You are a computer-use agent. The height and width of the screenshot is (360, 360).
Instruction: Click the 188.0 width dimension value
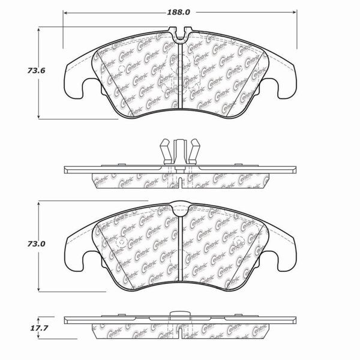[178, 12]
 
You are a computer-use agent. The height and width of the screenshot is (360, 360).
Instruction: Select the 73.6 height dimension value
[36, 70]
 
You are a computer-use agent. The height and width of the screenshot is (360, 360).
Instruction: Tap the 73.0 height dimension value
[36, 244]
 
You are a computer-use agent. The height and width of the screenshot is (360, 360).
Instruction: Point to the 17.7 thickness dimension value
[39, 328]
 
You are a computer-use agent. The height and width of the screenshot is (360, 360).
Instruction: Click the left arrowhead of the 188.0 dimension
[65, 13]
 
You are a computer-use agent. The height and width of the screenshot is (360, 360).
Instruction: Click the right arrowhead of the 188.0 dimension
[295, 12]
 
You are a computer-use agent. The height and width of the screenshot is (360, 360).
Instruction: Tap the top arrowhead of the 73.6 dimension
[39, 29]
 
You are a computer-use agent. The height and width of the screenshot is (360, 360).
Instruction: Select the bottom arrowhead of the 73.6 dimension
[39, 116]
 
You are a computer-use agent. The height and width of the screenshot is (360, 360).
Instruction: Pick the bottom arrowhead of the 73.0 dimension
[39, 289]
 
